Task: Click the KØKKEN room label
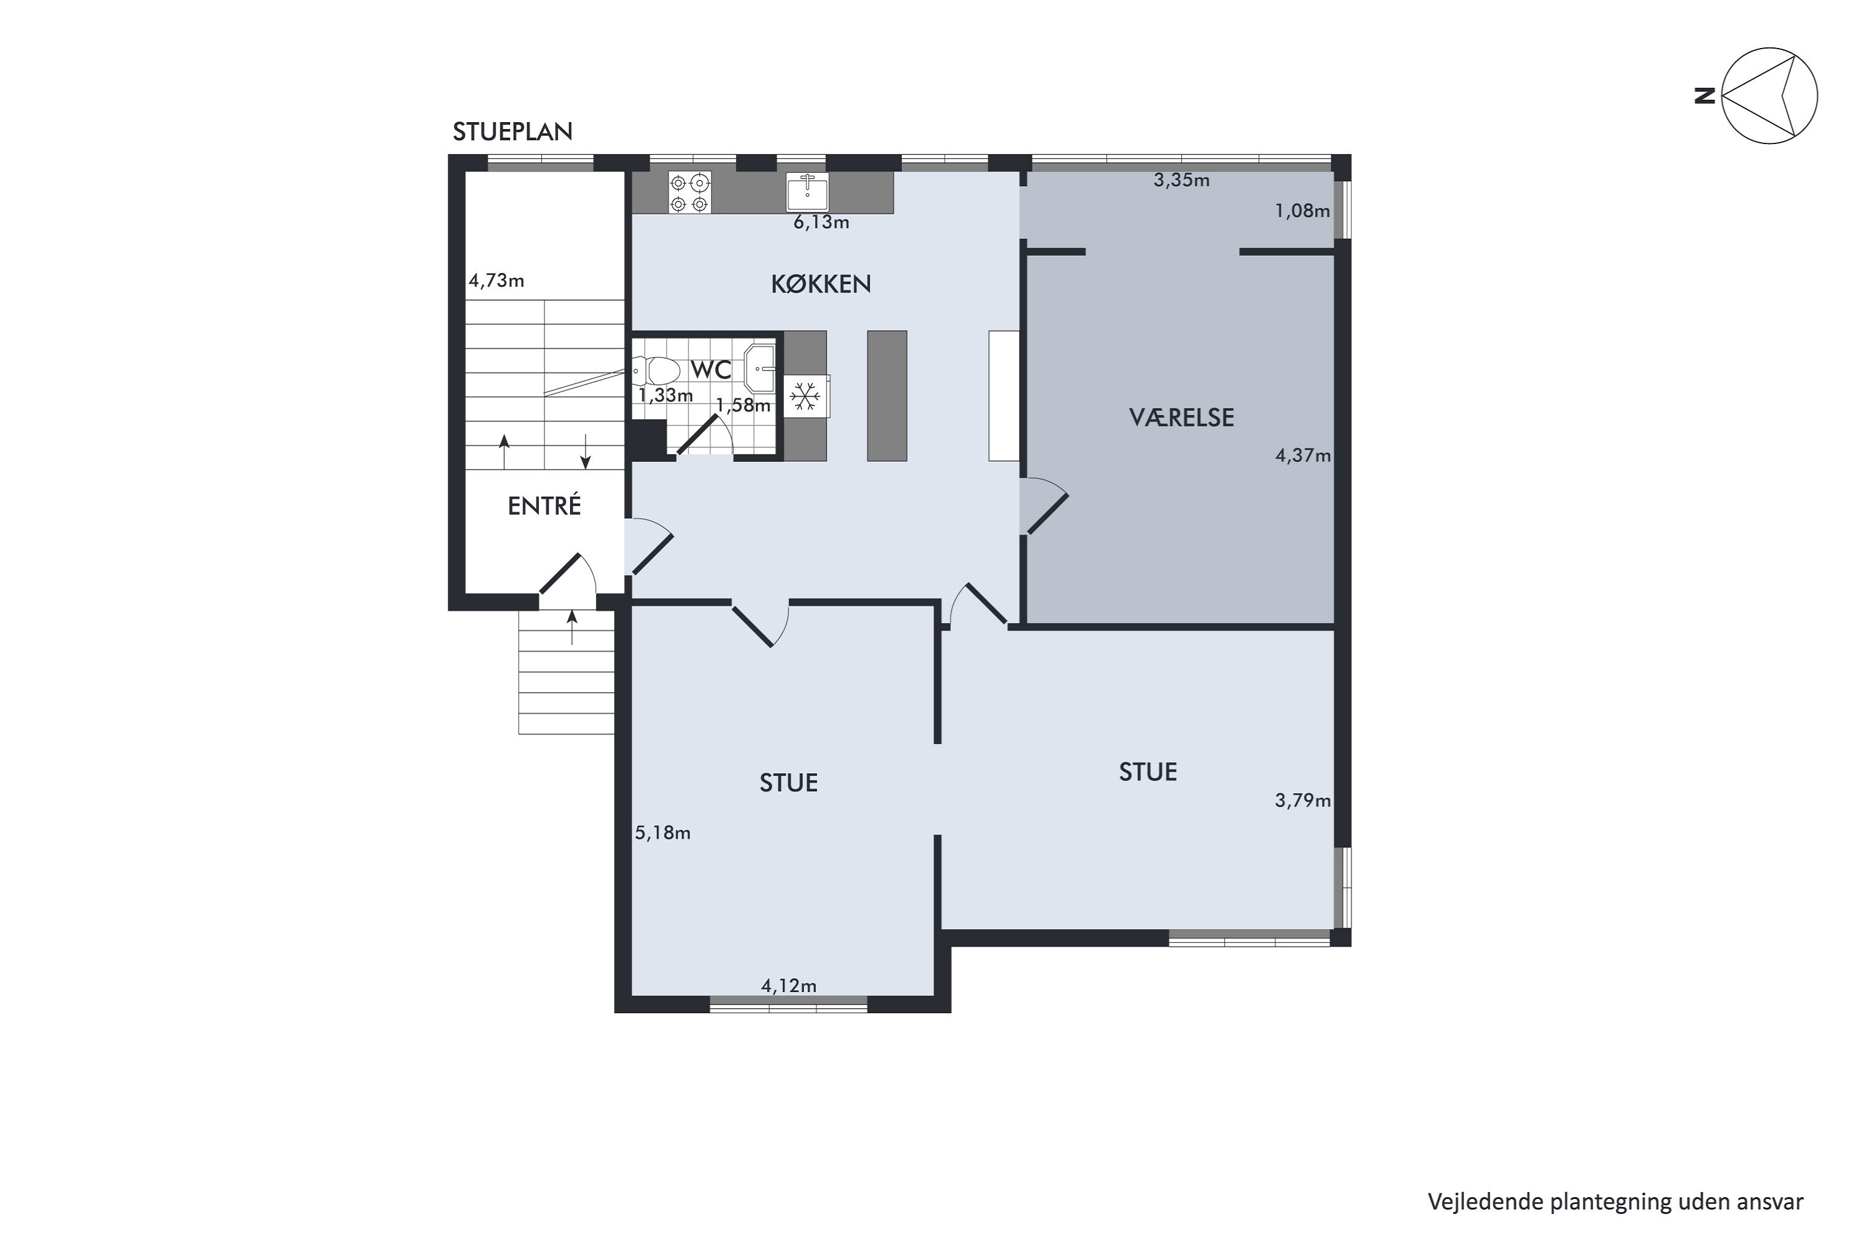coord(821,284)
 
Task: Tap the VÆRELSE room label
coord(1181,418)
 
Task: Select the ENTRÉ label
coord(544,506)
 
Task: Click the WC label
coord(711,370)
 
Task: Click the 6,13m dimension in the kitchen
coord(821,223)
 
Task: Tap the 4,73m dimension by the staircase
coord(496,281)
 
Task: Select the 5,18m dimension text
coord(662,832)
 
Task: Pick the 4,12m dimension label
coord(789,986)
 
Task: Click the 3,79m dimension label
coord(1303,801)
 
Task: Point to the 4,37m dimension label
coord(1303,456)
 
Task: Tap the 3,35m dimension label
coord(1182,181)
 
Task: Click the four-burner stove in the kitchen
coord(690,193)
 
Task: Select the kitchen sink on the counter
coord(808,191)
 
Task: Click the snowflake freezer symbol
coord(806,396)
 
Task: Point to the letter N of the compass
coord(1704,96)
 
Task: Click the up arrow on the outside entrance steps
coord(572,627)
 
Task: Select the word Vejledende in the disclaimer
coord(1485,1201)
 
